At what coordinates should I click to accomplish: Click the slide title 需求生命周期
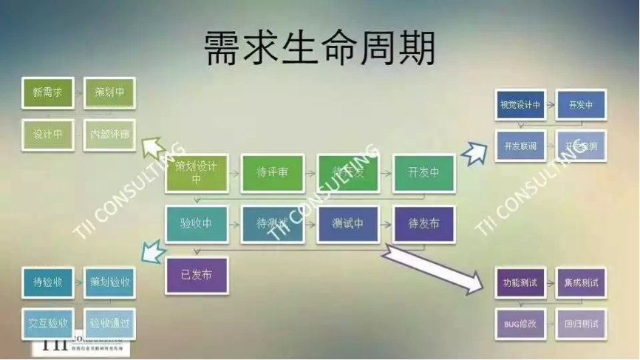pos(319,48)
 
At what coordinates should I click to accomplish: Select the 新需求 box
pos(48,93)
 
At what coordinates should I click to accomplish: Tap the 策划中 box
pos(109,93)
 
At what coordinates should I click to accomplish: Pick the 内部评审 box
pos(109,135)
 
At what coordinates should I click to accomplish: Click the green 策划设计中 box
pos(196,173)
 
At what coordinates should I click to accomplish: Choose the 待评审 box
pos(272,173)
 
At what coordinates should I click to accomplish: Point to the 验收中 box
pos(196,224)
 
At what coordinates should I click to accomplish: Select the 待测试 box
pos(272,224)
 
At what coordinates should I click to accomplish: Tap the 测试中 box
pos(347,224)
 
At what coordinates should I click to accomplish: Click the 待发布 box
pos(423,224)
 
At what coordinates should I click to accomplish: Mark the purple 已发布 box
pos(196,275)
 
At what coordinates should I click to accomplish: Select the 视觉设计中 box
pos(520,105)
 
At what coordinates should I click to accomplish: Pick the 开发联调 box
pos(520,146)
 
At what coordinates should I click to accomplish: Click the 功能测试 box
pos(520,282)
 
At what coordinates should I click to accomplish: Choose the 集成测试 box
pos(580,282)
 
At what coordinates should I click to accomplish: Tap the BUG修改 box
pos(520,324)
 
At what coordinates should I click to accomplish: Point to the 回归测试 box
pos(580,324)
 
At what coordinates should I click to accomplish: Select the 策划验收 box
pos(109,282)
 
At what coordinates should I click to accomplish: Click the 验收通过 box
pos(109,324)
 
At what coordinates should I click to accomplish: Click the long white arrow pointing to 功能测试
pos(432,268)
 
